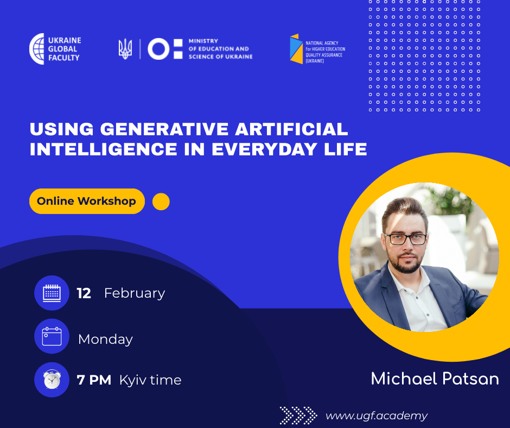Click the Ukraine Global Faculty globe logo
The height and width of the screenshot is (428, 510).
tap(37, 49)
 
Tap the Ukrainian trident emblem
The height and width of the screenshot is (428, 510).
tap(125, 49)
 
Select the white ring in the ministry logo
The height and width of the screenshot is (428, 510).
tap(158, 49)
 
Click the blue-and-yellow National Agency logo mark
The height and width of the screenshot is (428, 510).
tap(296, 49)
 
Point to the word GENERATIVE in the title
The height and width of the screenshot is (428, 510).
tap(164, 129)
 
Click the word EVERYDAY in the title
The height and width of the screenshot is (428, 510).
tap(264, 149)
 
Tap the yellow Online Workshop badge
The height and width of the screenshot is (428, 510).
tap(87, 202)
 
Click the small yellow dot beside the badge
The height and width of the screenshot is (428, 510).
tap(161, 202)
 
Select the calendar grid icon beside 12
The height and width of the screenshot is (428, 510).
tap(52, 293)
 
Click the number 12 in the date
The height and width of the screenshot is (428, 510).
tap(84, 293)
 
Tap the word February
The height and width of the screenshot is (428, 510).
tap(135, 293)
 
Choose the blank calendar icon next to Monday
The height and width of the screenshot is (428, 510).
tap(52, 336)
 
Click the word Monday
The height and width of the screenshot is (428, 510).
tap(105, 339)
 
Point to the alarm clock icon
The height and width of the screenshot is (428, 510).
tap(52, 380)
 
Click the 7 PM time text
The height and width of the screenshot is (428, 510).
tap(94, 380)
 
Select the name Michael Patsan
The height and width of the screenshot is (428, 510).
tap(435, 379)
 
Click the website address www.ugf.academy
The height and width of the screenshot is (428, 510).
tap(377, 416)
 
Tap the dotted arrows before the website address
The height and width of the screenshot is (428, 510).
tap(298, 416)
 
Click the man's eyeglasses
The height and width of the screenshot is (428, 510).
tap(405, 239)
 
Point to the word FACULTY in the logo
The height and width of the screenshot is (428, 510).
tap(64, 58)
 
